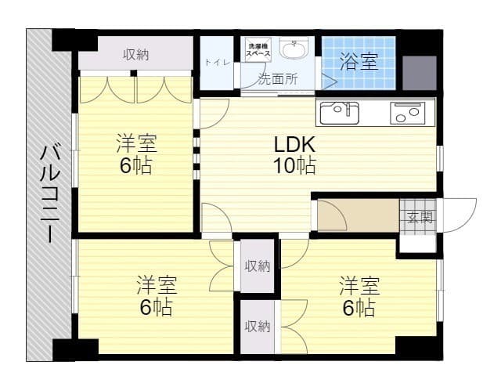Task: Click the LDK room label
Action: pos(295,144)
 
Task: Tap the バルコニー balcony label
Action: pos(50,193)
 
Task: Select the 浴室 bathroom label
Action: pos(359,61)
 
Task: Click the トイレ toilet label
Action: pos(218,62)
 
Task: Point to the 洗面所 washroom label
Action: pos(278,79)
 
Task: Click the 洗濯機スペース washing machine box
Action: pos(258,49)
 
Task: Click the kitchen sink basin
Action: pos(340,113)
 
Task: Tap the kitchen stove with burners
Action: pos(407,113)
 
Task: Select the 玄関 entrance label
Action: pos(420,218)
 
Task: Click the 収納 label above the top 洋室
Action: pos(136,55)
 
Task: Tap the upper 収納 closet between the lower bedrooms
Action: pos(258,266)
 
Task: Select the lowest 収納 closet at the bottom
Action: pos(258,327)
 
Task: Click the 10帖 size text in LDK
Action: pos(294,165)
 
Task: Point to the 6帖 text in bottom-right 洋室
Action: pos(359,308)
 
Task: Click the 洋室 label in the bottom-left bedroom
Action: pos(157,285)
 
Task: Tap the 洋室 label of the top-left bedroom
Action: pos(136,143)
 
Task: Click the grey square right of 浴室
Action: pos(420,73)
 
